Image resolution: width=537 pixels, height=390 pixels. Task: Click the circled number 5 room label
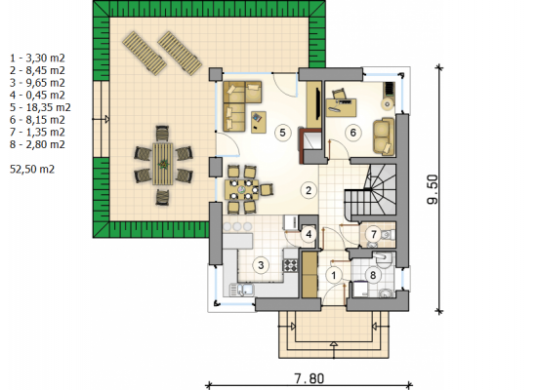[x=282, y=133]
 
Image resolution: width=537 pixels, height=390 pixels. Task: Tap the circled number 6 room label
[x=353, y=133]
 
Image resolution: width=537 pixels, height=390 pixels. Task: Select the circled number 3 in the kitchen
[x=261, y=265]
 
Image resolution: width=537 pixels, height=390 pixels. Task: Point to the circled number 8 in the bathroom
[x=373, y=275]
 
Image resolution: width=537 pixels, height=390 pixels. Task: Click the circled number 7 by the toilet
[x=374, y=234]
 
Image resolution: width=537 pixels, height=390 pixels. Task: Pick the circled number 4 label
[x=309, y=234]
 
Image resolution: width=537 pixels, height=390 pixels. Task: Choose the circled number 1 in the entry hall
[x=334, y=275]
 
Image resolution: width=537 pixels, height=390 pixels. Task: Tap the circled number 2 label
[x=309, y=190]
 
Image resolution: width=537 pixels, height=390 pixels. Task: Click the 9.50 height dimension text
[x=433, y=189]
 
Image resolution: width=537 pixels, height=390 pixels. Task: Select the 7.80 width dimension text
[x=309, y=378]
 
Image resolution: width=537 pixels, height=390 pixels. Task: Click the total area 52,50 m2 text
[x=32, y=169]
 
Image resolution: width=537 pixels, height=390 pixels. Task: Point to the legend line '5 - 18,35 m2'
[x=40, y=107]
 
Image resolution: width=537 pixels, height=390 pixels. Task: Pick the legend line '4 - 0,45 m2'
[x=37, y=96]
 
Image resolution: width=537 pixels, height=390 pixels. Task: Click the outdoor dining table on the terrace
[x=163, y=164]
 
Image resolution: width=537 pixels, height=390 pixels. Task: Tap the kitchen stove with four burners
[x=291, y=265]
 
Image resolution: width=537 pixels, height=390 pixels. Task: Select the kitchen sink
[x=242, y=290]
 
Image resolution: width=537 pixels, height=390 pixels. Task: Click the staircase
[x=371, y=190]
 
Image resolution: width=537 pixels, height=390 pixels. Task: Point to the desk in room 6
[x=341, y=108]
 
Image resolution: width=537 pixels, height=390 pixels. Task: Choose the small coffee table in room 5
[x=259, y=122]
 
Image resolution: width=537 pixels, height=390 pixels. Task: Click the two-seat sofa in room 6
[x=384, y=136]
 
